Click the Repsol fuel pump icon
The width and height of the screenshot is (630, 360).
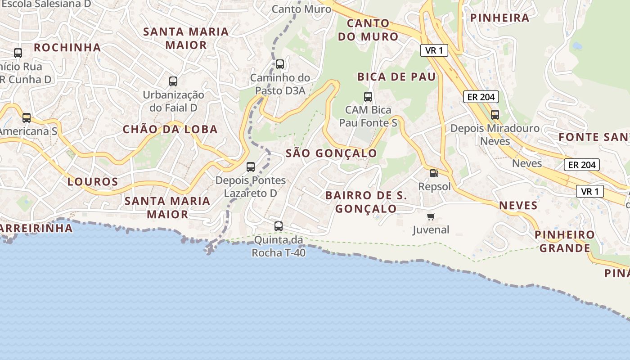click(x=434, y=173)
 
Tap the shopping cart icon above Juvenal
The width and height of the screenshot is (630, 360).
click(x=431, y=217)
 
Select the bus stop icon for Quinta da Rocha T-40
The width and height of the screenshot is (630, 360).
click(x=279, y=226)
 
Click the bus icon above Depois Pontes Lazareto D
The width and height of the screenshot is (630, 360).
click(x=251, y=167)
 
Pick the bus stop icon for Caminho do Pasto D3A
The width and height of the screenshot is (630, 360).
click(x=280, y=64)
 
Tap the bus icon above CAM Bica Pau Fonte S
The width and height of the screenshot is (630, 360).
click(x=368, y=96)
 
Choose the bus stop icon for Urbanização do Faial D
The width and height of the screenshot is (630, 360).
click(x=173, y=81)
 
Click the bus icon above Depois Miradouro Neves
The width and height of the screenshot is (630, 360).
click(x=495, y=115)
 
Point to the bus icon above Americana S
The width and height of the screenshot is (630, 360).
click(x=27, y=118)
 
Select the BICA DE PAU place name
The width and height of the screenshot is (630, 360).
click(x=396, y=77)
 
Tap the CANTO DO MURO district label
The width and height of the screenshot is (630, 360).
click(x=368, y=30)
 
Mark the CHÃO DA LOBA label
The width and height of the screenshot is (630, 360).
click(x=170, y=130)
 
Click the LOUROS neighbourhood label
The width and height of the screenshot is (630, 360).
click(x=93, y=182)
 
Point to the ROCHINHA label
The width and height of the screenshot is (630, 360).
click(x=67, y=47)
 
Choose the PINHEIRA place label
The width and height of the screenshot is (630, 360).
click(x=499, y=18)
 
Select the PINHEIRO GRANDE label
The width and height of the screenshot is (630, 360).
click(x=565, y=241)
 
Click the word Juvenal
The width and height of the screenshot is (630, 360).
click(x=431, y=230)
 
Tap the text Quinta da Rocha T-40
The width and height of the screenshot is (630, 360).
click(x=279, y=247)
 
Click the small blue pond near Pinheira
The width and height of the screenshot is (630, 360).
click(x=576, y=46)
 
